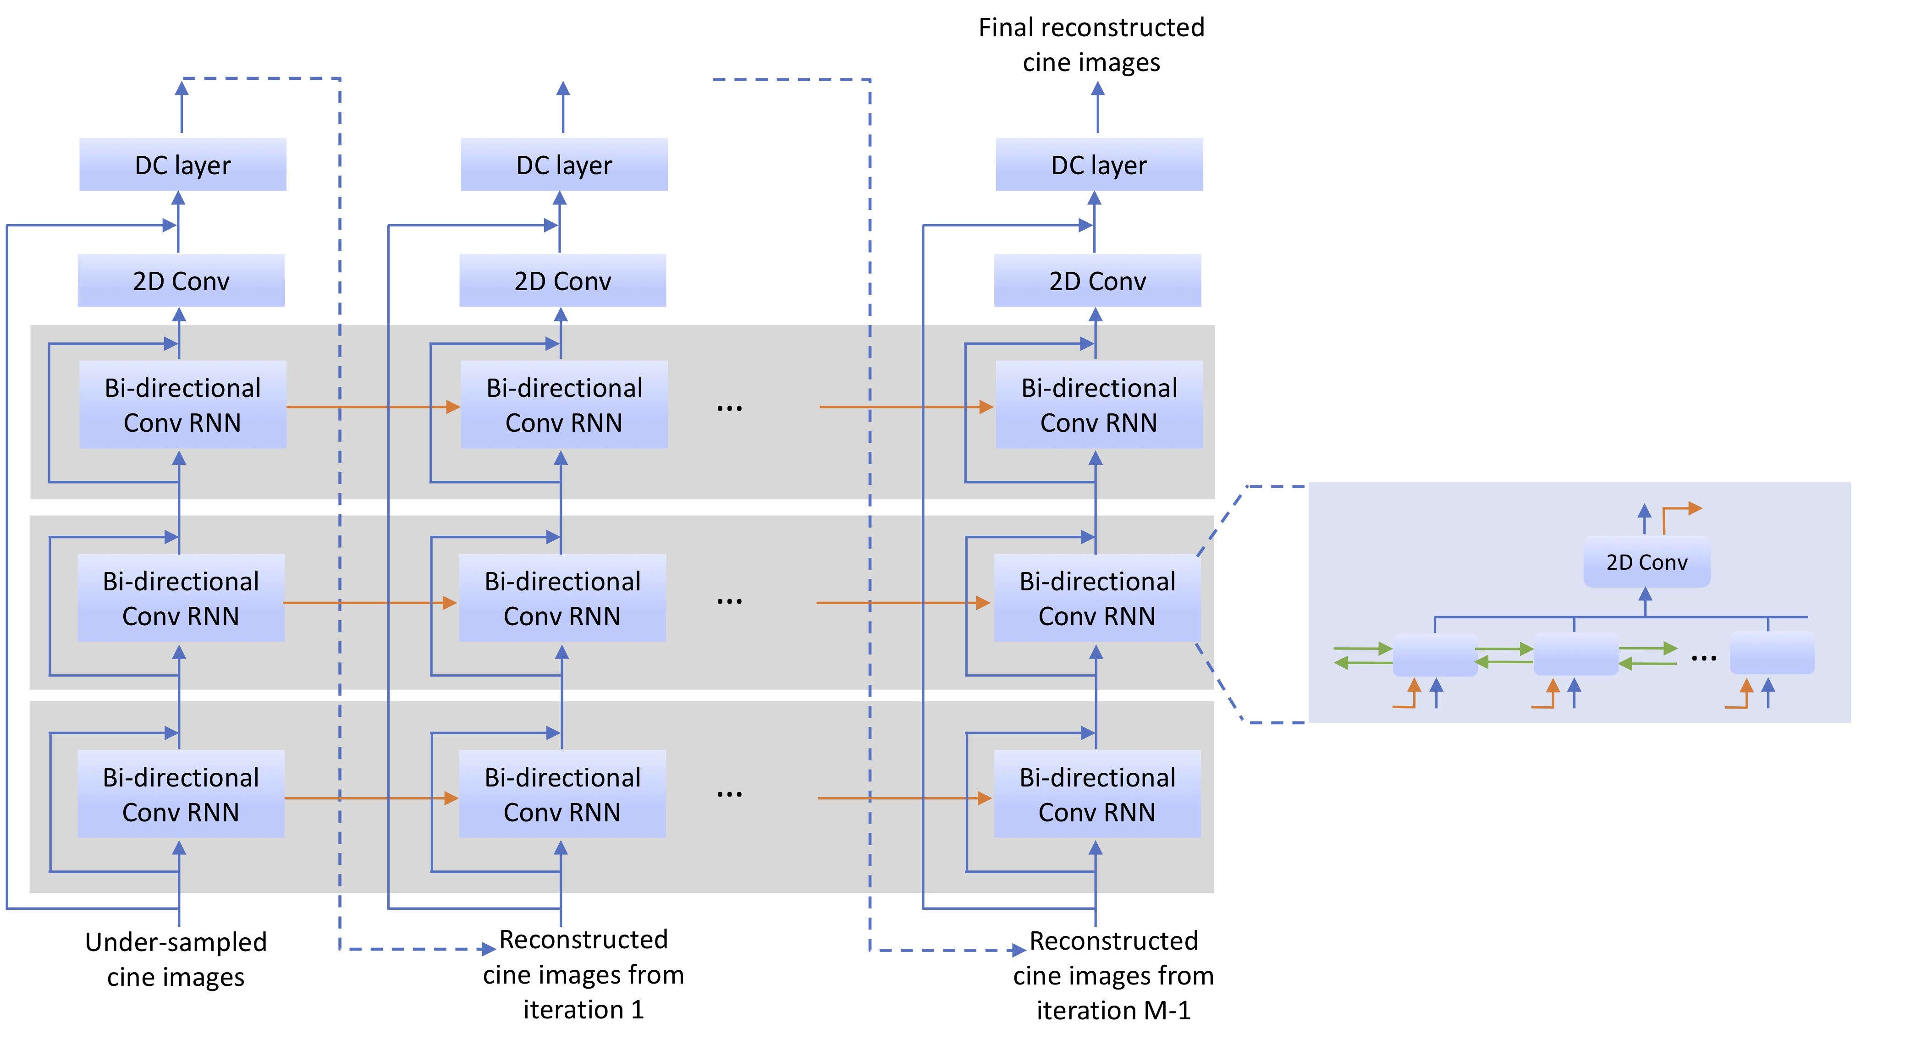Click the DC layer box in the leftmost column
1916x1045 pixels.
(182, 165)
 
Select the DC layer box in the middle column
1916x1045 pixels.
(564, 165)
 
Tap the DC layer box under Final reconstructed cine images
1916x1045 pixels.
(1099, 165)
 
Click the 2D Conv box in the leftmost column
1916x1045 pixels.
(181, 280)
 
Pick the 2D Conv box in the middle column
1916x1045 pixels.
(562, 280)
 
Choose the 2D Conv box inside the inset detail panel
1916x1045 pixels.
(1646, 561)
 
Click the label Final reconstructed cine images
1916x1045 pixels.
(1091, 44)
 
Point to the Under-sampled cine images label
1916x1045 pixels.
(176, 959)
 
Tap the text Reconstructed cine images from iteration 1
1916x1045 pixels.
(583, 974)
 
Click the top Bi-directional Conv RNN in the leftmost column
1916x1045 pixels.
(182, 405)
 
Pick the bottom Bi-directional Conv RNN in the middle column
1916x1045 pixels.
(562, 794)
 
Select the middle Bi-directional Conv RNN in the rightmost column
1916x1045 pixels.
(1097, 598)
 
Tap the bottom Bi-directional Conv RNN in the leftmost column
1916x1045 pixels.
(181, 794)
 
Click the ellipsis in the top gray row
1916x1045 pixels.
(729, 407)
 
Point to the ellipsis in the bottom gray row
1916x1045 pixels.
(729, 794)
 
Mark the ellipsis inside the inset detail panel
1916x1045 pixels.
(1703, 658)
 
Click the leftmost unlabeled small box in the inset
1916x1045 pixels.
(1435, 654)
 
